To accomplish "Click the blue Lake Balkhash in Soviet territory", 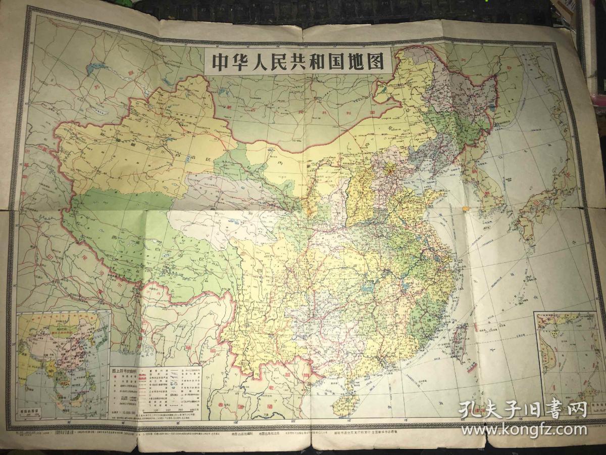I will coord(93,68).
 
